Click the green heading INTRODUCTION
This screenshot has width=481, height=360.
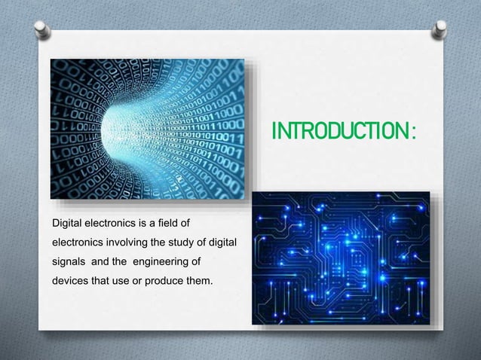pyautogui.click(x=340, y=133)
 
